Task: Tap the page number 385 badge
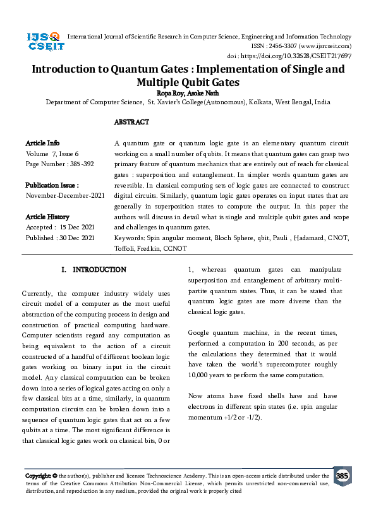(x=342, y=475)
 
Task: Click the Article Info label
(x=43, y=143)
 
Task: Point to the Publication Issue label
(x=52, y=185)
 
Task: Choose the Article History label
(x=47, y=217)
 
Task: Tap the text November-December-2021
(x=65, y=196)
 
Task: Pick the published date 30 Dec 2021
(x=77, y=238)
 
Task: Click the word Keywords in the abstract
(x=130, y=238)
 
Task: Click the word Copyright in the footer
(x=37, y=476)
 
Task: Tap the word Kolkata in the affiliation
(x=265, y=101)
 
